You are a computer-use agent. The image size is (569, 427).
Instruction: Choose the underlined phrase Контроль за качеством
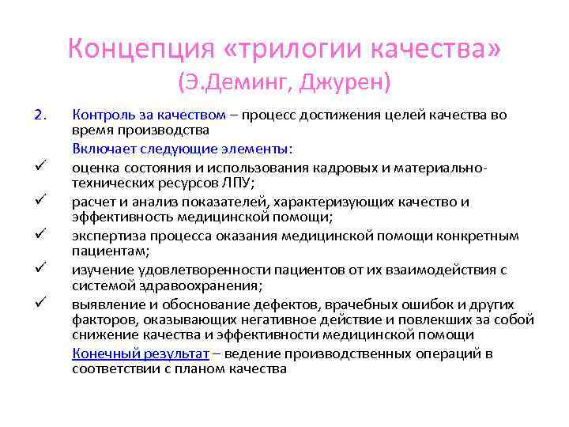[149, 115]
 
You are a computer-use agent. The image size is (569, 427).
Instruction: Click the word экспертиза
[107, 236]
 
